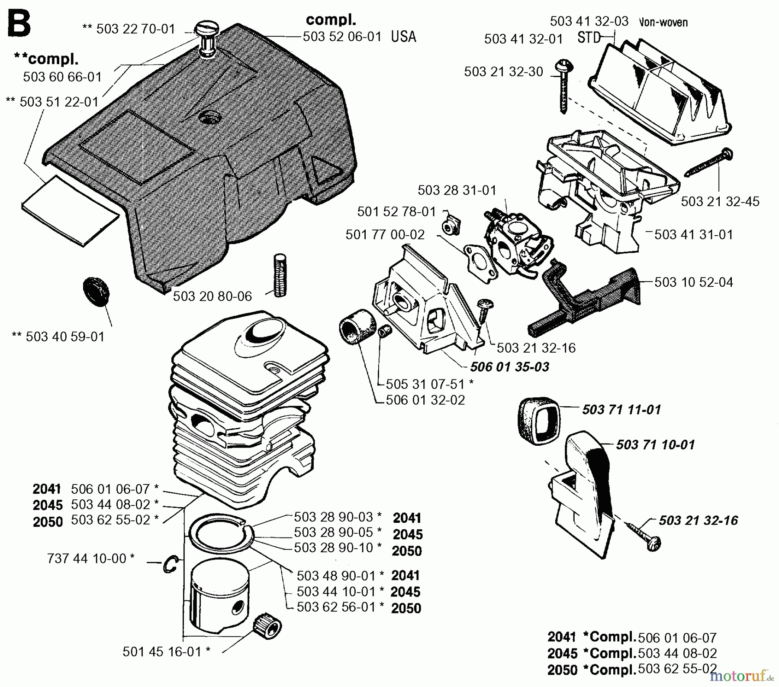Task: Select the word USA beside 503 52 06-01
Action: coord(403,36)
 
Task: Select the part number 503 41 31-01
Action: coord(693,235)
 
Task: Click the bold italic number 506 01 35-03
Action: coord(509,367)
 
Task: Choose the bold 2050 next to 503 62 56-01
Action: coord(406,608)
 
